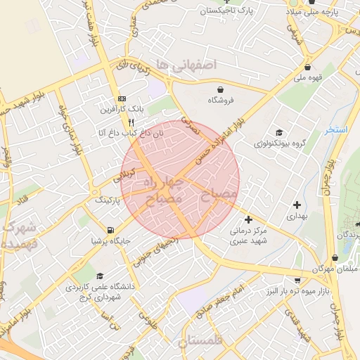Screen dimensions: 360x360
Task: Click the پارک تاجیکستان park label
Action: coord(225,11)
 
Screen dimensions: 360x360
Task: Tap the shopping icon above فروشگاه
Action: coord(222,89)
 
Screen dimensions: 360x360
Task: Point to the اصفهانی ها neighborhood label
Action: coord(187,65)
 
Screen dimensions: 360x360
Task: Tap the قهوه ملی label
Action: coord(309,78)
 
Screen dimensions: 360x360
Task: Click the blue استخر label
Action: coord(337,130)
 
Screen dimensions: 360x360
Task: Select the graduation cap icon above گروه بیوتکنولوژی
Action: coord(279,132)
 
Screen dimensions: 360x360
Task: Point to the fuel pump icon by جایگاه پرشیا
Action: coord(110,230)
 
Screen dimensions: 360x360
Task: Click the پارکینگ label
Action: coord(108,200)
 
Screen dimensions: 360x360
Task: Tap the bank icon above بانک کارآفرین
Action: coord(122,98)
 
